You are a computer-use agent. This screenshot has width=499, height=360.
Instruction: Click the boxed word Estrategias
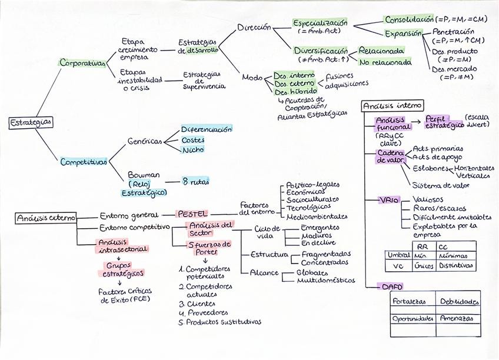click(30, 122)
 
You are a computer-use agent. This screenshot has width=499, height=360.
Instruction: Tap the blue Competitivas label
click(84, 162)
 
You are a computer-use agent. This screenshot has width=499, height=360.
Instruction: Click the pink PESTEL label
click(192, 214)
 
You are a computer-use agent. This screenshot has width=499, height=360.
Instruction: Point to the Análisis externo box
click(45, 218)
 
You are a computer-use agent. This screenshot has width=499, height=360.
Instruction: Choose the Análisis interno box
click(392, 106)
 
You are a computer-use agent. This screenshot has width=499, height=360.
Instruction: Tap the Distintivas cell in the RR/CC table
click(454, 265)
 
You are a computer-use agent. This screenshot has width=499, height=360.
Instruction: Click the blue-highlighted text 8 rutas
click(196, 181)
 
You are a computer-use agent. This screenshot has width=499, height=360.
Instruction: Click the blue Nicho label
click(192, 150)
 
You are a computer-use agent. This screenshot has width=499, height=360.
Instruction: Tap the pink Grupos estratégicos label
click(123, 269)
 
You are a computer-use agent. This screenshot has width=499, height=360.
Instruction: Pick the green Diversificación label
click(321, 51)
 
